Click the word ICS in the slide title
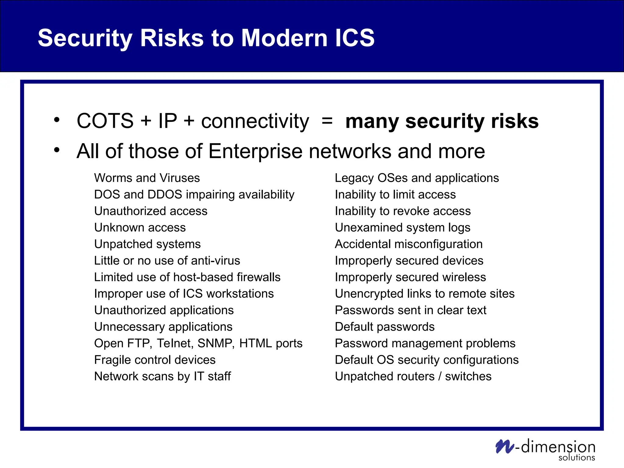pos(354,38)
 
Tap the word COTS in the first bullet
pos(105,121)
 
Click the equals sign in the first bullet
pos(327,121)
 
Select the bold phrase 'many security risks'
pos(442,121)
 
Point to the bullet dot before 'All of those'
pos(57,150)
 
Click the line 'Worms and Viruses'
pos(147,178)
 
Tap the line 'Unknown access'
pos(140,228)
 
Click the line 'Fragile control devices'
pos(155,360)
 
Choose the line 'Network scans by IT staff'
pos(162,376)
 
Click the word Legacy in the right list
pos(354,178)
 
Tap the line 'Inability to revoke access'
pos(402,211)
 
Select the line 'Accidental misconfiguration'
pos(409,244)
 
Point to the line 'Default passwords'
pos(385,327)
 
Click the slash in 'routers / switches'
pos(440,377)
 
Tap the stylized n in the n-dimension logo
pos(504,446)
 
